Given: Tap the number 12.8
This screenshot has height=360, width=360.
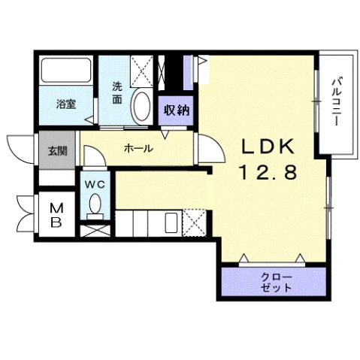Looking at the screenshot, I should (x=269, y=173).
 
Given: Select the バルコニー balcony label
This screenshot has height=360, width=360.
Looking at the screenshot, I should (x=337, y=101).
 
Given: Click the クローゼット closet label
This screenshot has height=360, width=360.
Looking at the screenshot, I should (x=275, y=283).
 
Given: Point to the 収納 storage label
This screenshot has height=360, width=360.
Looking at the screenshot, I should (x=177, y=110).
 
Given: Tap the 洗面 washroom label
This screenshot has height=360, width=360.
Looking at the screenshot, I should (x=118, y=92).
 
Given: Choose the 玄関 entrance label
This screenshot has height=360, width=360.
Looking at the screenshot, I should (x=57, y=150).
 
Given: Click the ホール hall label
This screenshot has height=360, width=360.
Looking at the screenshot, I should (x=139, y=149).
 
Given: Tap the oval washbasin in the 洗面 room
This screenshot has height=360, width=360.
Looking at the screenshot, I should (x=141, y=107).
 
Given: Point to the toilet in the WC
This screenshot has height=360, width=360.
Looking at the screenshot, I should (x=95, y=204).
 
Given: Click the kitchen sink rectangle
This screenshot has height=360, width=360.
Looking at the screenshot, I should (x=171, y=222).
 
